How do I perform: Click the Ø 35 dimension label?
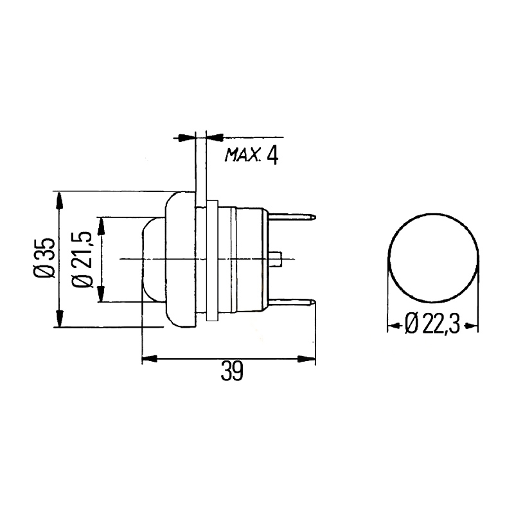[44, 258]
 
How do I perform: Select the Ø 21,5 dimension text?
[82, 260]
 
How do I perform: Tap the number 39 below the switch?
[232, 371]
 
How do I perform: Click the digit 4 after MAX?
[272, 155]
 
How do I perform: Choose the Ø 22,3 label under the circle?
[432, 324]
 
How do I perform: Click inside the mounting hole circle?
[433, 258]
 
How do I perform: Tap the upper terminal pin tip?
[314, 217]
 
